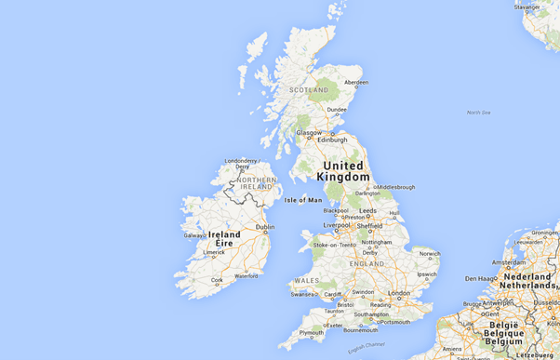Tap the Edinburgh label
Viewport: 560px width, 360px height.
click(331, 140)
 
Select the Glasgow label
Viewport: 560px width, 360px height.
click(309, 132)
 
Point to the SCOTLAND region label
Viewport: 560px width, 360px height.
click(309, 90)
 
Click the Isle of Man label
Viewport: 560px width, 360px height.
click(302, 200)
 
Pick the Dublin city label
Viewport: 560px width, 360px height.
click(265, 227)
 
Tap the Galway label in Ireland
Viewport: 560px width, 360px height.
click(194, 235)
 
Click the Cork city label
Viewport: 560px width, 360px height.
click(217, 279)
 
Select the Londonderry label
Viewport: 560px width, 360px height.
click(241, 160)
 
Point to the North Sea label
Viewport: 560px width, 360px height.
click(478, 113)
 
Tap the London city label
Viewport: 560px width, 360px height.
click(399, 293)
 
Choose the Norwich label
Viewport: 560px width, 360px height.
click(430, 253)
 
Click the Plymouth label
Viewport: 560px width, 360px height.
click(312, 332)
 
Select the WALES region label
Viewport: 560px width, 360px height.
click(306, 280)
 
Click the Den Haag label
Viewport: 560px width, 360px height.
click(482, 278)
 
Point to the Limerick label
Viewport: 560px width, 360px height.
click(214, 252)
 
